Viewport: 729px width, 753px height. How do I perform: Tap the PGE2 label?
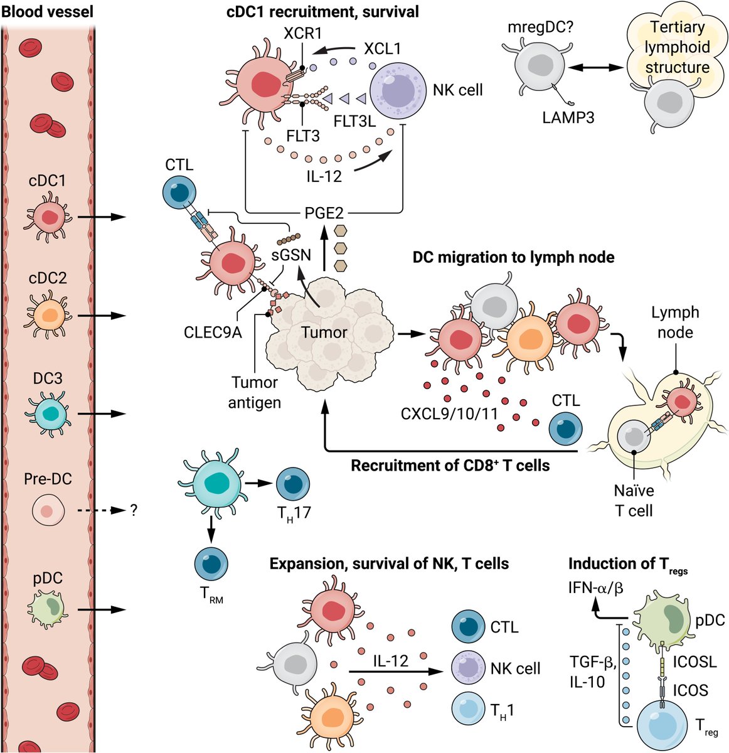click(x=323, y=213)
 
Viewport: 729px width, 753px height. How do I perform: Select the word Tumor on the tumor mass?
click(x=324, y=332)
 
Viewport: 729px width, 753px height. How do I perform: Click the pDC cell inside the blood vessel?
click(x=48, y=609)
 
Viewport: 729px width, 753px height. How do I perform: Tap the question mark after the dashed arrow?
click(x=134, y=511)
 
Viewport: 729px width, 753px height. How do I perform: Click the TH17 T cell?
click(x=293, y=484)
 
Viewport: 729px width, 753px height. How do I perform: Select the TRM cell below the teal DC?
click(x=211, y=562)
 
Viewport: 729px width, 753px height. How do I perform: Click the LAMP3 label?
click(x=568, y=117)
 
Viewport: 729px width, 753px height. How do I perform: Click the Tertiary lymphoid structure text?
click(x=677, y=47)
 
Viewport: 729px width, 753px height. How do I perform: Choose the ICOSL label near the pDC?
click(x=694, y=661)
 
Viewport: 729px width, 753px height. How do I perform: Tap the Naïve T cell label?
click(x=634, y=500)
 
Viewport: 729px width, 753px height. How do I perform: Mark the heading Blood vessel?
click(x=47, y=11)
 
